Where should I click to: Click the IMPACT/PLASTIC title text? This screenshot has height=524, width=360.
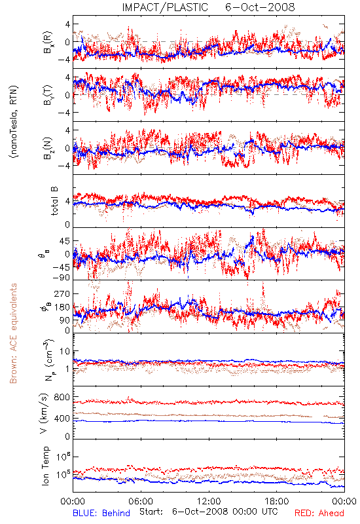click(165, 7)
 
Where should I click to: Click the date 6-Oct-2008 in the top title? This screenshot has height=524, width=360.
click(260, 7)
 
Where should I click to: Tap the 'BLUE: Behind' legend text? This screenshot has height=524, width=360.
click(101, 513)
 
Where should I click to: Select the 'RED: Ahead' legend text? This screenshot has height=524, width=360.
click(319, 513)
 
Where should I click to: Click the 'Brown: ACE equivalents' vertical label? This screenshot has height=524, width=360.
click(13, 333)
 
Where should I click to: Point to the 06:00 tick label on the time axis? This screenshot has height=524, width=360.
click(141, 501)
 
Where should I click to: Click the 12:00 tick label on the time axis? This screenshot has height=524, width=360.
click(209, 501)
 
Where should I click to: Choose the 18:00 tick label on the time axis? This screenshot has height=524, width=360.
click(277, 501)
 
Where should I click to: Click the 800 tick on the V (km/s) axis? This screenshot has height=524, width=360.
click(62, 397)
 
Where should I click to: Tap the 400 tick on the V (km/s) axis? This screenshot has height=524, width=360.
click(62, 418)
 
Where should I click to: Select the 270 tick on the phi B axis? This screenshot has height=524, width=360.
click(62, 293)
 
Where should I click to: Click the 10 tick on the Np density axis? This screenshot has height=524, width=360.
click(65, 351)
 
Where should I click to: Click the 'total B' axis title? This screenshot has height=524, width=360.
click(54, 201)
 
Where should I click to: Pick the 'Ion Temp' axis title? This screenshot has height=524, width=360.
click(45, 466)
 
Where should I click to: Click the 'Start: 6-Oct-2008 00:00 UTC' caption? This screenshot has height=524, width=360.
click(209, 512)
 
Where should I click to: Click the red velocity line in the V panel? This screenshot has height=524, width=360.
click(209, 402)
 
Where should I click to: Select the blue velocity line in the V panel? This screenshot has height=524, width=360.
click(209, 421)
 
